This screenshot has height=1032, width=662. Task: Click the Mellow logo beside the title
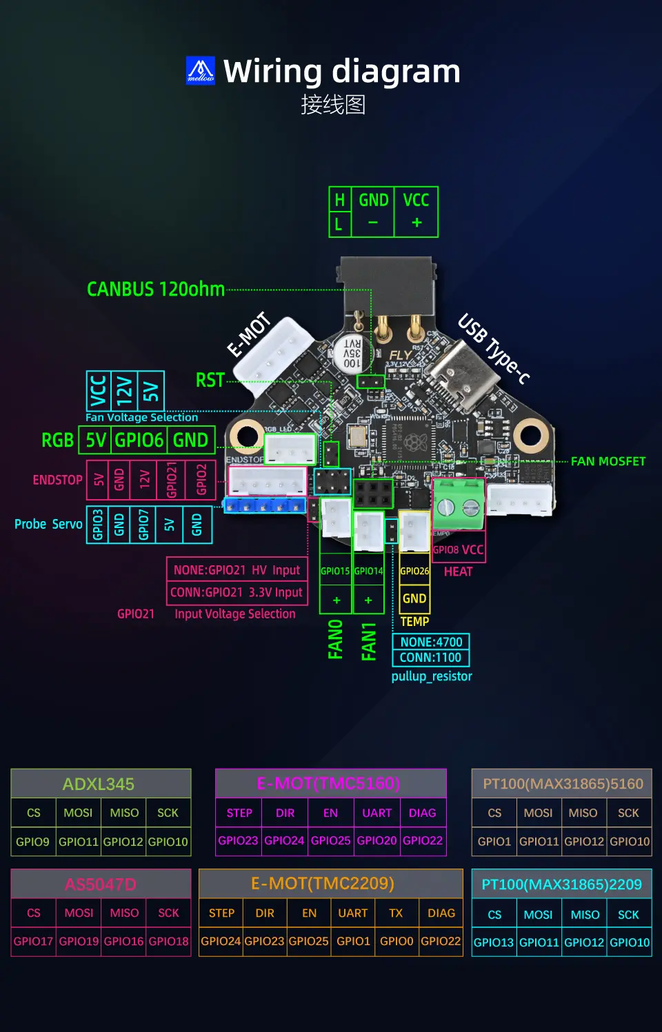tap(201, 70)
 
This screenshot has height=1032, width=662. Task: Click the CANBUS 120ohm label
tap(156, 289)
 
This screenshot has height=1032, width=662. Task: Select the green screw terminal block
tap(459, 505)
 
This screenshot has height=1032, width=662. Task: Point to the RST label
tap(210, 380)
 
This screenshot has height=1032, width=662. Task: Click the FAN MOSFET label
tap(608, 461)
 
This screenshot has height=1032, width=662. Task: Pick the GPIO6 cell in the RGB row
tap(139, 440)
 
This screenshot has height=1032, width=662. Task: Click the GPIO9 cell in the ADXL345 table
tap(32, 841)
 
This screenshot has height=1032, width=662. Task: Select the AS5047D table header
tap(101, 884)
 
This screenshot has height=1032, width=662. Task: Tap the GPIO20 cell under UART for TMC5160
tap(377, 840)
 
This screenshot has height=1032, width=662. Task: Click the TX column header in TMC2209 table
tap(396, 913)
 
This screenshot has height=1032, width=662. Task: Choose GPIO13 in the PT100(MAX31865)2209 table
tap(494, 942)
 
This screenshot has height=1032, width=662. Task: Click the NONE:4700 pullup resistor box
tap(431, 642)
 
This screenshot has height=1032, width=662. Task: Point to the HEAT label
tap(458, 571)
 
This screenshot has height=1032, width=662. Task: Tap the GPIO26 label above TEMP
tap(414, 571)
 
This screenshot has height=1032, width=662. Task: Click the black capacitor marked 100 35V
tap(352, 353)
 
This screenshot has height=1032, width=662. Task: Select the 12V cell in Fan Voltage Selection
tap(124, 391)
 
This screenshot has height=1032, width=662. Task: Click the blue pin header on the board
tap(265, 506)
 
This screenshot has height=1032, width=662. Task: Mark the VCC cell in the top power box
tap(416, 200)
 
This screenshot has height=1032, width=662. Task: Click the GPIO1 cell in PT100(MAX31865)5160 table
tap(494, 841)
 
